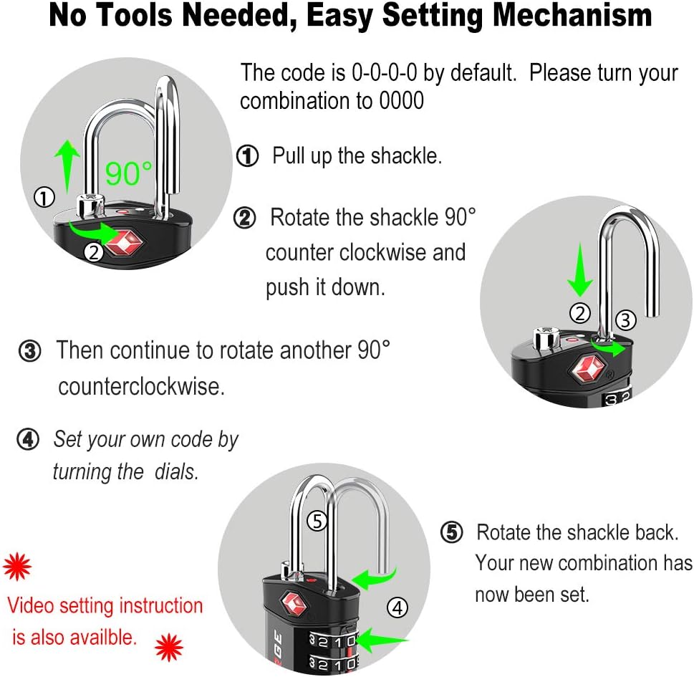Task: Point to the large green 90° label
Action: pyautogui.click(x=129, y=172)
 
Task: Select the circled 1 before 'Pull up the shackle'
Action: pyautogui.click(x=247, y=156)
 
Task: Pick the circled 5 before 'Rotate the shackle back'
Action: pyautogui.click(x=451, y=532)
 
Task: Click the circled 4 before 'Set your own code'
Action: pyautogui.click(x=28, y=440)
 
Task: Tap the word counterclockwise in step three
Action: pyautogui.click(x=142, y=387)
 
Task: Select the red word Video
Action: pyautogui.click(x=33, y=605)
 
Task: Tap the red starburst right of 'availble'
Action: pyautogui.click(x=170, y=647)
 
